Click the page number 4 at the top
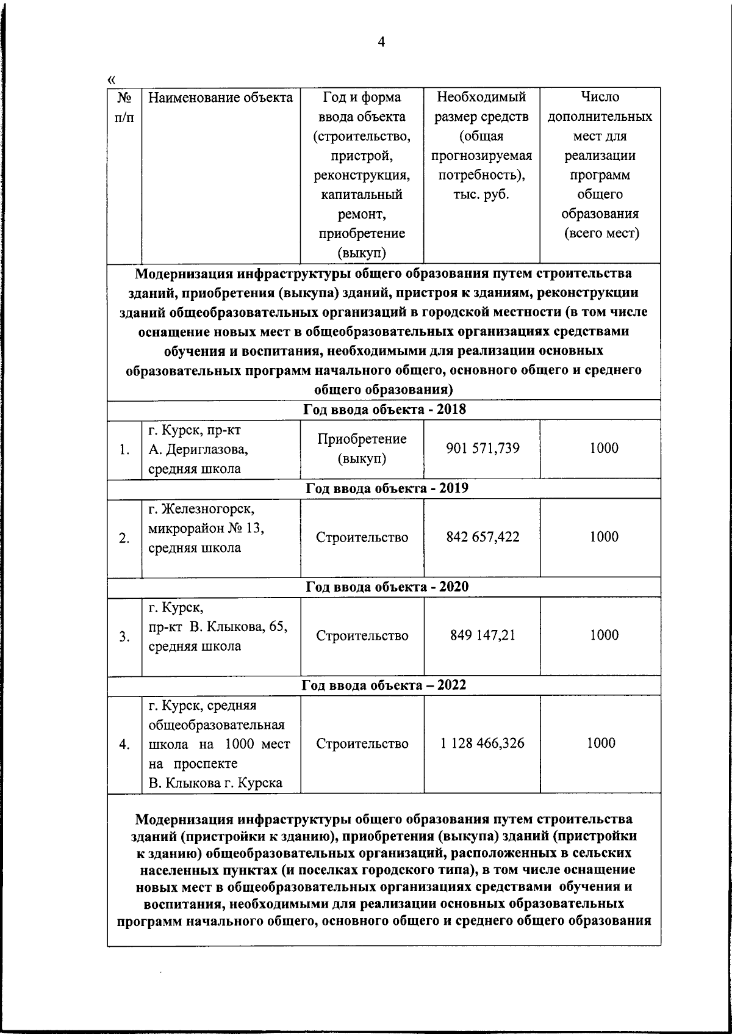click(381, 42)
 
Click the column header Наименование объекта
click(220, 98)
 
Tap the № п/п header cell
click(124, 107)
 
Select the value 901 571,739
click(483, 449)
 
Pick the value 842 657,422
click(483, 537)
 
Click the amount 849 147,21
click(483, 635)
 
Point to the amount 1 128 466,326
click(483, 743)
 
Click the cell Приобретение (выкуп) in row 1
click(362, 449)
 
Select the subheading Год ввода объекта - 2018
click(384, 410)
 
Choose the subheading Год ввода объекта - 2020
click(386, 587)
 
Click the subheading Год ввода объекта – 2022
click(384, 685)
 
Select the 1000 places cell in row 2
click(603, 537)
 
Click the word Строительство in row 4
click(362, 744)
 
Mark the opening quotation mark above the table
click(111, 79)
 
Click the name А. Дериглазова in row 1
click(198, 450)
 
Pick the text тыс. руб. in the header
click(481, 195)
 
